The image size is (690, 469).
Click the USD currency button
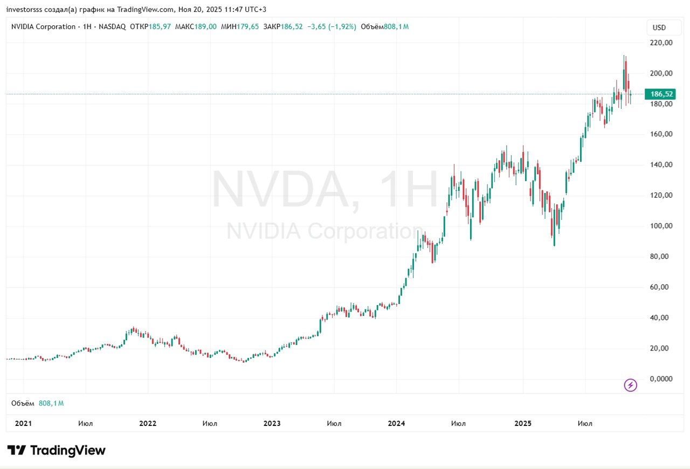tap(659, 27)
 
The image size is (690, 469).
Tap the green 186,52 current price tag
tap(659, 94)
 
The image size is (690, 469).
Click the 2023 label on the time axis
tap(272, 424)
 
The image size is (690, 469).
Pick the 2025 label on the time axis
tap(522, 424)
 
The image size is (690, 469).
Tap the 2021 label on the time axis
tap(23, 424)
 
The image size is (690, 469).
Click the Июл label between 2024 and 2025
tap(458, 424)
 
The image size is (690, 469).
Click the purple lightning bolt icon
tap(630, 385)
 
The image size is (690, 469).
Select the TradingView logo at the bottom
tap(56, 451)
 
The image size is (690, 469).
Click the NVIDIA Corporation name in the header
tap(43, 26)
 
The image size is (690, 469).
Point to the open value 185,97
tap(160, 26)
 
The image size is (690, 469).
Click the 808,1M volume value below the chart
tap(51, 403)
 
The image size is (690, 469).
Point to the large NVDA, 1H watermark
tap(325, 190)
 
